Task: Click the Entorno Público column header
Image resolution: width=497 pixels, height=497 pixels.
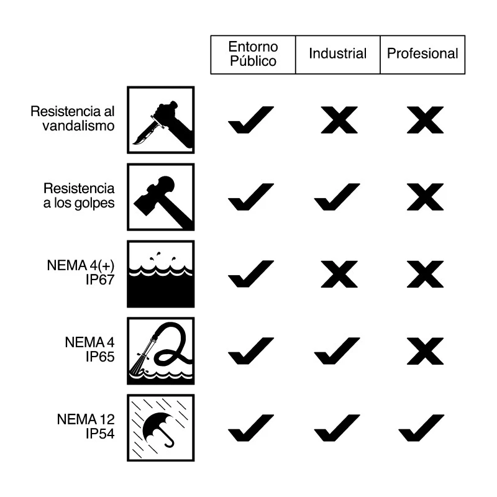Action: [253, 54]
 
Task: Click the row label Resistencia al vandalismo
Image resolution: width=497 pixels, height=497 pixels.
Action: [72, 119]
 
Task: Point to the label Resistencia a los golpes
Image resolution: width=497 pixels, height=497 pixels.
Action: [79, 196]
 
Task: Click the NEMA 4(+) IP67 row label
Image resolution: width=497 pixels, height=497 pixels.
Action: [81, 273]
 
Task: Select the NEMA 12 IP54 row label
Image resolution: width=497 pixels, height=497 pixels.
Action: [86, 426]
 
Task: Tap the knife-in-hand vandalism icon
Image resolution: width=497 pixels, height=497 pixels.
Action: [161, 120]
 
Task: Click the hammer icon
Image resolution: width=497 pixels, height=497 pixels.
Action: [161, 197]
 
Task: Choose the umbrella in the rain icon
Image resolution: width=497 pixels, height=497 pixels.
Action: [161, 428]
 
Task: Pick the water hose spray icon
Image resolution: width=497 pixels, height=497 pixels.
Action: [161, 351]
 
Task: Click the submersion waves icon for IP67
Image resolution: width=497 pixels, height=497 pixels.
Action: [161, 274]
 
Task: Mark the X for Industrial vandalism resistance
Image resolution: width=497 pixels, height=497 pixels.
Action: [339, 120]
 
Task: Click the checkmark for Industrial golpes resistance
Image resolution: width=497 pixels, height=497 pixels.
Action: [337, 197]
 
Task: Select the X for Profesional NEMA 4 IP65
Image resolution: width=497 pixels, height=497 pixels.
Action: [425, 351]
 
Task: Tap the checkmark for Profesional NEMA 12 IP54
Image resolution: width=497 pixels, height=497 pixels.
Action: [421, 428]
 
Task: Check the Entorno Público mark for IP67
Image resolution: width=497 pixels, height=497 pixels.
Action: [251, 274]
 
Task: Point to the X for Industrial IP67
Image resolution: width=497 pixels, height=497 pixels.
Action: [339, 274]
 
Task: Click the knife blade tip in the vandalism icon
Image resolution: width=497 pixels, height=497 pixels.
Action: [133, 144]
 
